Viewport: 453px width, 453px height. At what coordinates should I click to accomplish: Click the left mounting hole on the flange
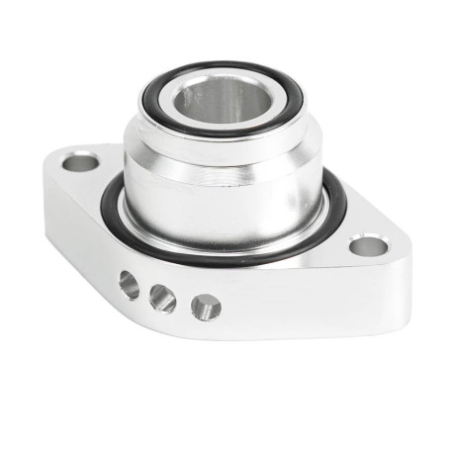pyautogui.click(x=80, y=159)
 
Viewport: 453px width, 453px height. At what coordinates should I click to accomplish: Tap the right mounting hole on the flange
pyautogui.click(x=367, y=245)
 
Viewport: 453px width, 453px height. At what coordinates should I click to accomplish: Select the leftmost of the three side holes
pyautogui.click(x=129, y=286)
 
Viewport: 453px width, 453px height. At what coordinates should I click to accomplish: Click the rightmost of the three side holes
pyautogui.click(x=205, y=307)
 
